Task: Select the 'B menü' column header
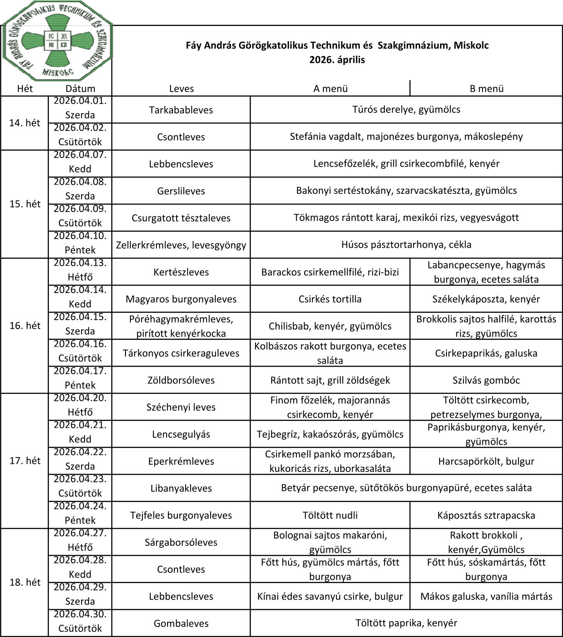[486, 88]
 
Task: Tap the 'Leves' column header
[181, 88]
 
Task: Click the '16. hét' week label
[25, 325]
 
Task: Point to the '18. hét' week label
[25, 582]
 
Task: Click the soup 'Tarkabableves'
[181, 110]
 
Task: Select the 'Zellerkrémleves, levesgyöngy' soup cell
[181, 245]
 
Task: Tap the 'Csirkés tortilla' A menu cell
[330, 299]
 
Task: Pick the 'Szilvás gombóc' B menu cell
[486, 380]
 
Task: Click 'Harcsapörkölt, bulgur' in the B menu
[486, 461]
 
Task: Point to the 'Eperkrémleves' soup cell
[181, 461]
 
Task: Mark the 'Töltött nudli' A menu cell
[330, 515]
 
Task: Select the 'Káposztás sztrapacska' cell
[486, 515]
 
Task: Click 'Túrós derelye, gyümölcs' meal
[406, 109]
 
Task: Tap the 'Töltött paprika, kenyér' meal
[406, 623]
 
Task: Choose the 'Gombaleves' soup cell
[181, 623]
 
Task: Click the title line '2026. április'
[337, 60]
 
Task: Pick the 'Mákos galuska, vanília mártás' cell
[486, 596]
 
